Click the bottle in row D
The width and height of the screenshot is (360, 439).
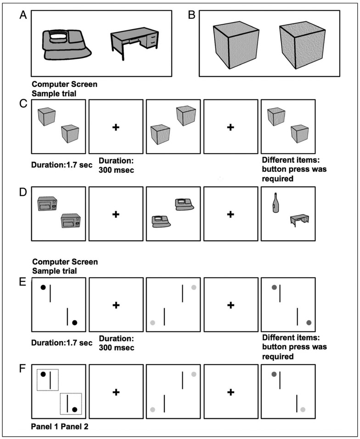(x=275, y=203)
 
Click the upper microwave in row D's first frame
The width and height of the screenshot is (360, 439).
(x=48, y=204)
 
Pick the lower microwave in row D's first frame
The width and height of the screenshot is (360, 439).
(x=71, y=221)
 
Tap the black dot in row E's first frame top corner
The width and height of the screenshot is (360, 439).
(x=43, y=287)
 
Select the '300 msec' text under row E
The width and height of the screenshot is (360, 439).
(x=116, y=348)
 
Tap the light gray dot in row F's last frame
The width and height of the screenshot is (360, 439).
(x=303, y=409)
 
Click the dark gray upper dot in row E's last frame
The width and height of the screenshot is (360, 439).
(x=274, y=288)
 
